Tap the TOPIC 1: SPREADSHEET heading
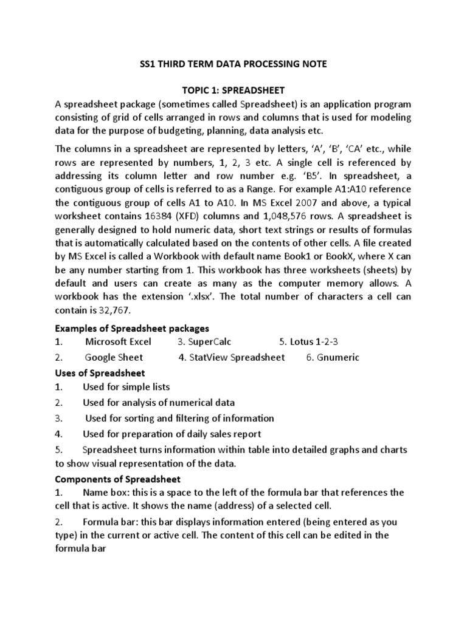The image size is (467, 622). click(x=233, y=90)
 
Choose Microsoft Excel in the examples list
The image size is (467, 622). click(x=118, y=342)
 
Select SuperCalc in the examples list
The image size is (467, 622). click(x=209, y=342)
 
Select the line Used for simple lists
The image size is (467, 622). click(x=126, y=387)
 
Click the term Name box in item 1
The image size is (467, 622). click(x=105, y=493)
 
